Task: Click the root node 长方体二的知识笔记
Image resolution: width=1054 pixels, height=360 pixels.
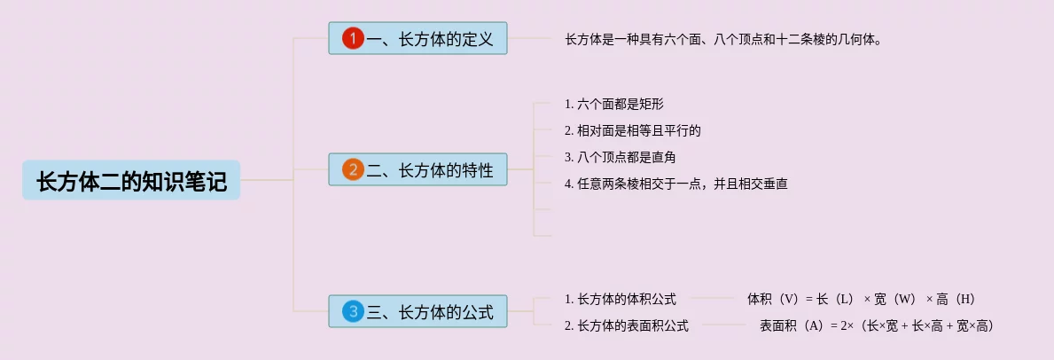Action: [131, 181]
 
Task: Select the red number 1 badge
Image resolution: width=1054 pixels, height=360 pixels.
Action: [354, 38]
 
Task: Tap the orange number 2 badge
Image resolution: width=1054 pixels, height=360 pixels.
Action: [354, 169]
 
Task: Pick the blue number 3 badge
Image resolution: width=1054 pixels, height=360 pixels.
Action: [354, 311]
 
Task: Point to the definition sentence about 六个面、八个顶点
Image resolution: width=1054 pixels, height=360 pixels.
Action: [722, 39]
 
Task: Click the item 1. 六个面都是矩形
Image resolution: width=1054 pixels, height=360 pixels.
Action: [613, 104]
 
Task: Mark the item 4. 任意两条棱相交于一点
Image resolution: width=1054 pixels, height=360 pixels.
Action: [675, 184]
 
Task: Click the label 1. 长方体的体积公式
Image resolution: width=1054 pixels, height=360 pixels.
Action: [620, 299]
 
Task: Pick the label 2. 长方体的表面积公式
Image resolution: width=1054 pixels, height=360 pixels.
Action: [626, 325]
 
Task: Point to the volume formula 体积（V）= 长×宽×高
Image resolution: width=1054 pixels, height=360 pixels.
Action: [861, 299]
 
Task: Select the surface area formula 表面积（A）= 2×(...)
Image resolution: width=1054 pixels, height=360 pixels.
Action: [876, 325]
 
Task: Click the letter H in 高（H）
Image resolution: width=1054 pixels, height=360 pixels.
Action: [965, 299]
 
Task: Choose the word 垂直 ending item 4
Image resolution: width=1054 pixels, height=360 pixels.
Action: [776, 184]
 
